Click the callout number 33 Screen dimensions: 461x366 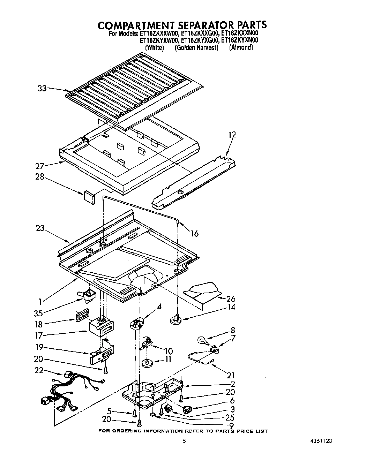(42, 89)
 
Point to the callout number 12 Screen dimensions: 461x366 (232, 135)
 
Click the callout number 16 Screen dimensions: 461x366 (194, 234)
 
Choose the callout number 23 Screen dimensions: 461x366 (40, 229)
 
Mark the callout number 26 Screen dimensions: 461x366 (231, 299)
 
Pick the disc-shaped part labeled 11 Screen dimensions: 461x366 (149, 363)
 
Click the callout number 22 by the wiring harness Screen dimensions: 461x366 (39, 370)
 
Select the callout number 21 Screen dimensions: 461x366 (231, 376)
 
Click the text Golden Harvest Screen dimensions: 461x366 (196, 48)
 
